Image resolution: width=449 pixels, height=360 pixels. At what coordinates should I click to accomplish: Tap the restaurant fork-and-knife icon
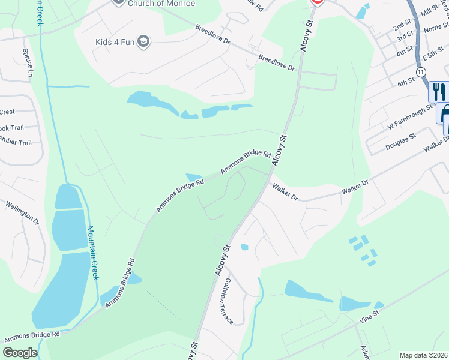pos(439,92)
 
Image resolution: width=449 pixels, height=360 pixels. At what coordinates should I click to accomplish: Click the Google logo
pos(20,353)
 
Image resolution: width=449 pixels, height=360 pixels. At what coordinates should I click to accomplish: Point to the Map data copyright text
pos(423,355)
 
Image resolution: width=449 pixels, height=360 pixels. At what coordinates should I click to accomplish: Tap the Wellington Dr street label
pos(22,213)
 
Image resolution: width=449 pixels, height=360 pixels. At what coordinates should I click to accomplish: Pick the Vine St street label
pos(369,316)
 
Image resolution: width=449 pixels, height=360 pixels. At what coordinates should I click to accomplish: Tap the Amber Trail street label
pos(16,142)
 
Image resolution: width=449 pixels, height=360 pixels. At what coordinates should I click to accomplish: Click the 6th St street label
pos(406,80)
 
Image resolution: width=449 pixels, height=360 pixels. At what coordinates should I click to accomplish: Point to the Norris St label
pos(436,28)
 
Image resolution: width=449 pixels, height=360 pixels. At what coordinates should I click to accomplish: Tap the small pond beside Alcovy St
pos(244,247)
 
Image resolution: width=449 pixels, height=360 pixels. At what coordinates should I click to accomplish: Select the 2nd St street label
pos(401,26)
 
